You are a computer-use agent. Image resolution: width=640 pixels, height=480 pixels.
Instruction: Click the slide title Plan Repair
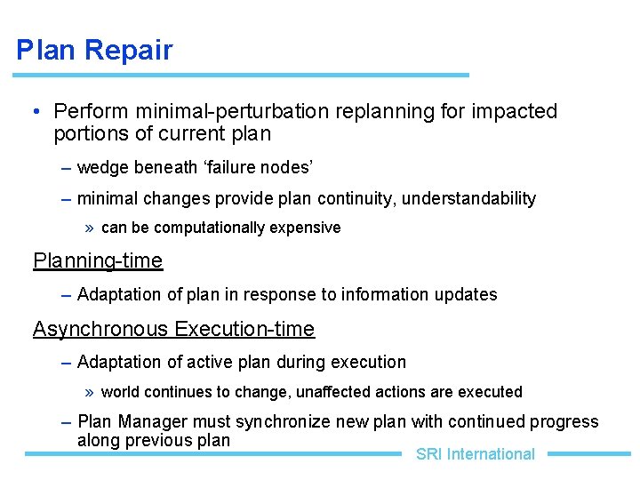click(94, 50)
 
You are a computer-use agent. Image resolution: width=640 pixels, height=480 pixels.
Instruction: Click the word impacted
click(515, 112)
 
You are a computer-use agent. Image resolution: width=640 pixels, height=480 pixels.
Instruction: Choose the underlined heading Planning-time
click(98, 261)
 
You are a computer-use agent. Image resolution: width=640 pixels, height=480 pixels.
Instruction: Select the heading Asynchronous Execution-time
click(173, 330)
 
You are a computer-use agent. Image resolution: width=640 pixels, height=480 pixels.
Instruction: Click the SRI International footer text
click(475, 454)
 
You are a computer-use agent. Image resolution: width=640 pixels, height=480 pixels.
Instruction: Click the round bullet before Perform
click(33, 113)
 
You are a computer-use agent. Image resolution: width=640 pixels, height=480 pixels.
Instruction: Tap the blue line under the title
click(243, 75)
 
